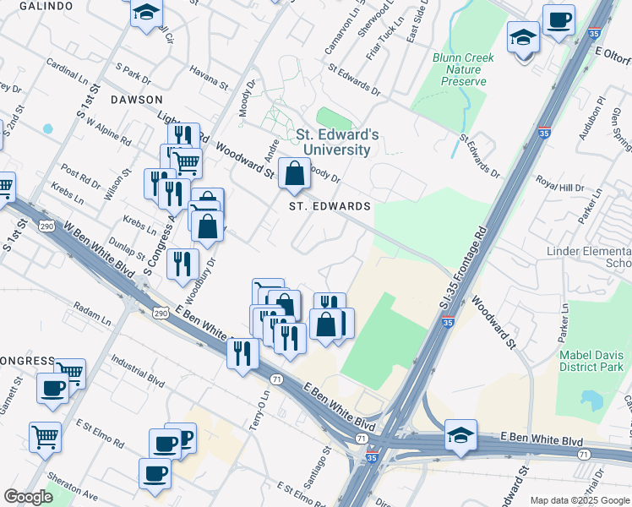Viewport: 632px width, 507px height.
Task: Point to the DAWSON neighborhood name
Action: click(x=135, y=99)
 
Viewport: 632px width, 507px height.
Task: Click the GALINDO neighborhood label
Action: click(x=26, y=6)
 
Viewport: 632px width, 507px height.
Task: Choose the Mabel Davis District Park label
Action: click(x=591, y=361)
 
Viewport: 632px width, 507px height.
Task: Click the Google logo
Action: click(x=28, y=497)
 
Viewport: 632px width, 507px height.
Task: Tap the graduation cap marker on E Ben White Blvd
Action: click(x=460, y=436)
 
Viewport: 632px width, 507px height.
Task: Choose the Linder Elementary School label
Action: click(x=589, y=257)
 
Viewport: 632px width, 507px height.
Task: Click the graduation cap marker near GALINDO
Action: click(x=147, y=14)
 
